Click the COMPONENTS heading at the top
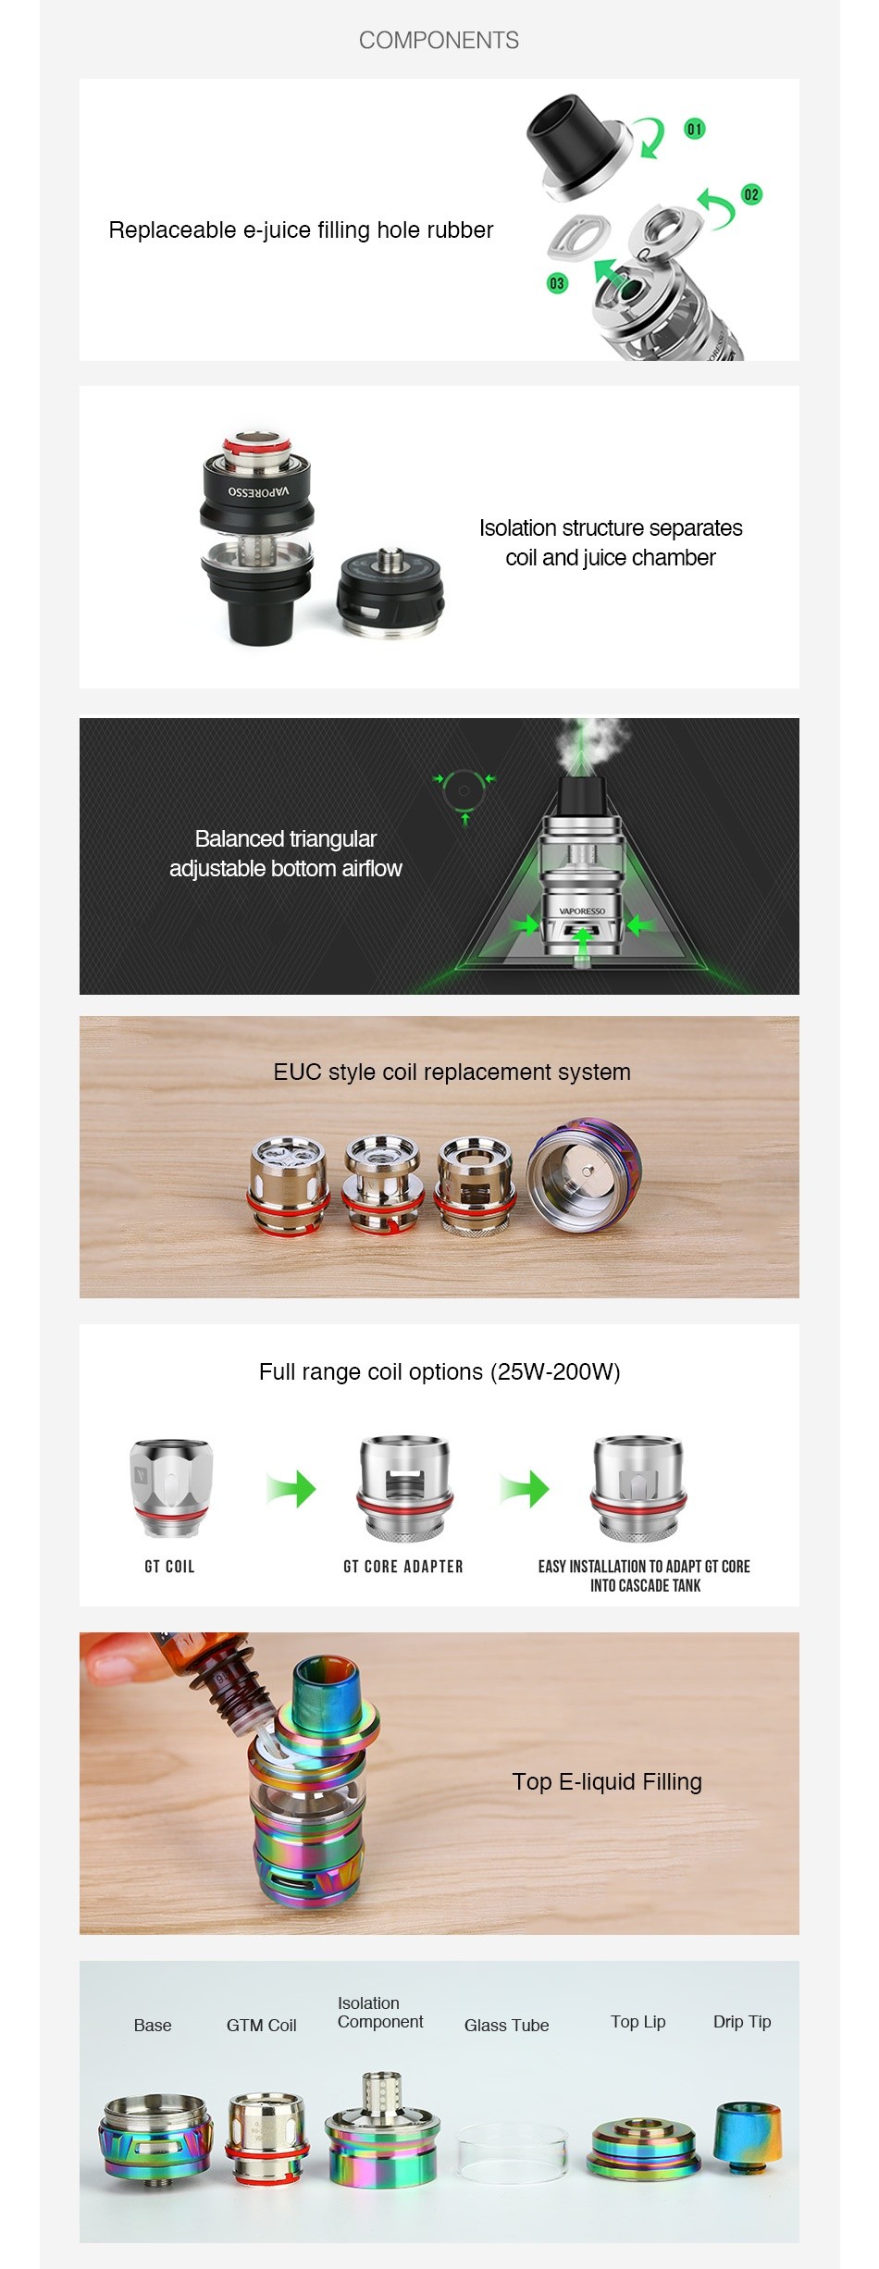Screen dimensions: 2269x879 (x=439, y=41)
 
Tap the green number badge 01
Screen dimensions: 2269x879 (x=695, y=129)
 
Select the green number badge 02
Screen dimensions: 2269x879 (x=751, y=194)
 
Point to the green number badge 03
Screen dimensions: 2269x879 (x=557, y=283)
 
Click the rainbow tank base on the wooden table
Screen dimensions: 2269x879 (x=585, y=1174)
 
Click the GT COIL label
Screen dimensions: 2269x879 (x=170, y=1567)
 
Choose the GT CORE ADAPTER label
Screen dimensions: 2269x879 (x=403, y=1567)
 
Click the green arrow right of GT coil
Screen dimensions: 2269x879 (x=291, y=1488)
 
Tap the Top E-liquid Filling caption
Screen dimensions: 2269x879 (x=607, y=1781)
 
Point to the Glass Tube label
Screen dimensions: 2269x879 (x=506, y=2025)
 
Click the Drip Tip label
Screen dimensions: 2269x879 (x=742, y=2021)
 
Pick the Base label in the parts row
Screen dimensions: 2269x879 (x=153, y=2025)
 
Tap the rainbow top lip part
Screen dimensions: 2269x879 (x=643, y=2147)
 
